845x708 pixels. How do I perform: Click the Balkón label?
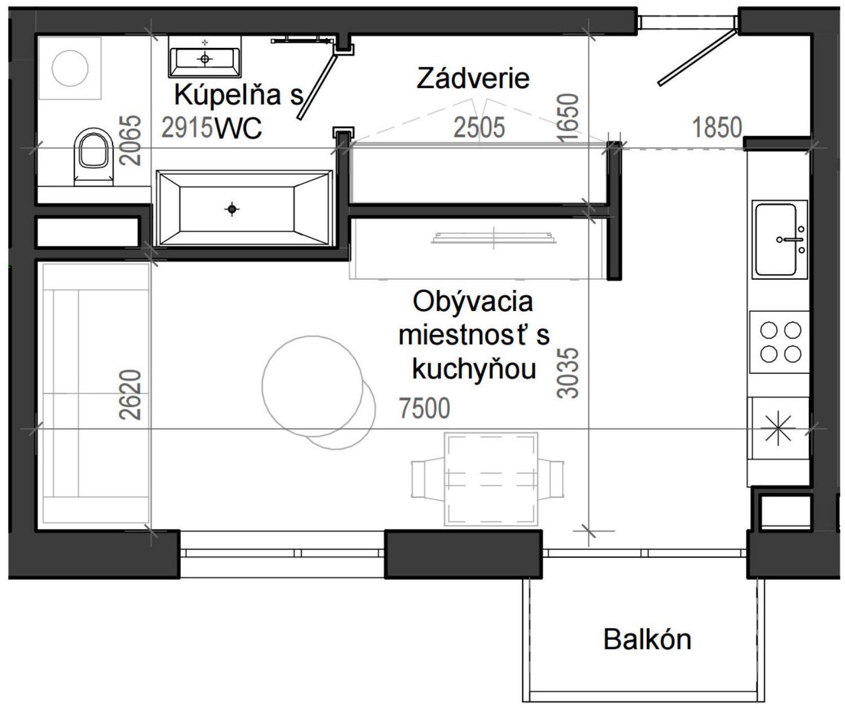(x=647, y=640)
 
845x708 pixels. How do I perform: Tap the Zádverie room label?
(x=473, y=78)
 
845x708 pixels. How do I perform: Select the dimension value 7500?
(x=424, y=408)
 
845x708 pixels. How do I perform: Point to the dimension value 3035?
(x=568, y=373)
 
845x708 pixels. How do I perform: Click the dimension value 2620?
(x=130, y=395)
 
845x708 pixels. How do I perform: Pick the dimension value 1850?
(x=717, y=127)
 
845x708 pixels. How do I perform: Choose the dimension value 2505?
(x=479, y=128)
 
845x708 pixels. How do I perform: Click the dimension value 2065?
(x=131, y=140)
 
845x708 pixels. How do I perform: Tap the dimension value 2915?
(x=187, y=128)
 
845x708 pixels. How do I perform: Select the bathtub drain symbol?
(x=232, y=210)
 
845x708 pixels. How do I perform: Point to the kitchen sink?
(x=778, y=240)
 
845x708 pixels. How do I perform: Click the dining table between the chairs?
(x=491, y=479)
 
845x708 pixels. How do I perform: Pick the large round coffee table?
(x=313, y=386)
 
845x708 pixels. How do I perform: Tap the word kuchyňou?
(x=473, y=369)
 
